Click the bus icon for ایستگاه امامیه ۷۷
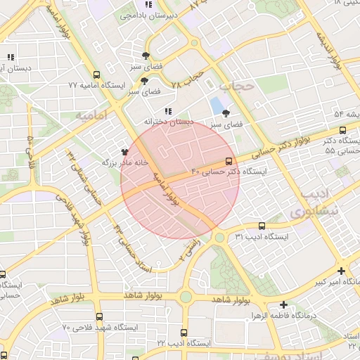[x=96, y=74]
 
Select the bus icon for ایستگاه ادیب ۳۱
[x=262, y=226]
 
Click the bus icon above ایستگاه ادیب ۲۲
[x=184, y=332]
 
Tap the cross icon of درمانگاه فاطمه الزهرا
[x=283, y=304]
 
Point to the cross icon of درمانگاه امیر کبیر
[x=341, y=271]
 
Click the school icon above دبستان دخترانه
[x=167, y=111]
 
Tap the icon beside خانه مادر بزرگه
[x=124, y=151]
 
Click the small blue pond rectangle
[x=214, y=107]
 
